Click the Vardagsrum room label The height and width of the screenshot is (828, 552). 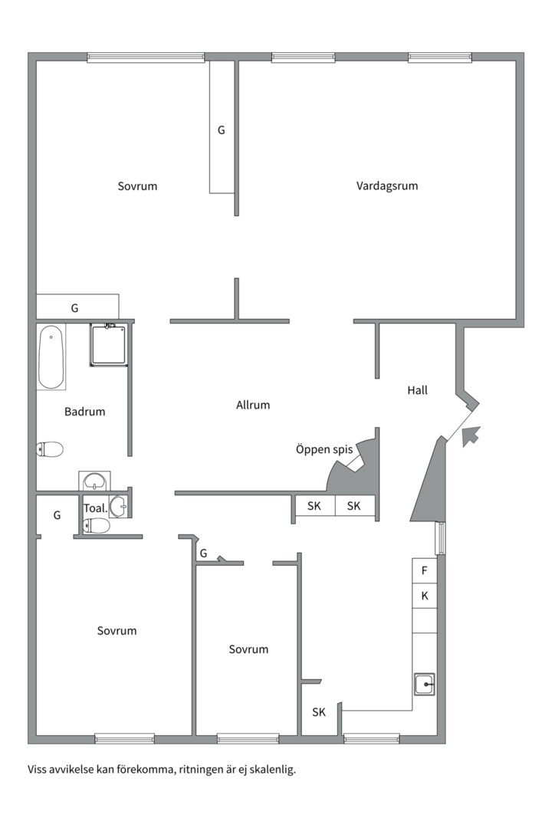tap(387, 186)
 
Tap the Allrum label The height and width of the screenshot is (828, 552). tap(253, 405)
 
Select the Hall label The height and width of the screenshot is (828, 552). tap(417, 390)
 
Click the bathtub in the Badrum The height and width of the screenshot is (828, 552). tap(51, 356)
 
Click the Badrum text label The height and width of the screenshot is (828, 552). tap(84, 412)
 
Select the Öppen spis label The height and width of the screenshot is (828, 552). tap(324, 449)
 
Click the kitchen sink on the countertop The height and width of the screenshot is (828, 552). tap(424, 683)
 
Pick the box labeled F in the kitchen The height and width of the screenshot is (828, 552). tap(424, 570)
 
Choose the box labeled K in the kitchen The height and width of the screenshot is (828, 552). tap(424, 596)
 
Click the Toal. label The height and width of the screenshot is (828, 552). tap(94, 508)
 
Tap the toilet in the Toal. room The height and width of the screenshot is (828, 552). tap(97, 526)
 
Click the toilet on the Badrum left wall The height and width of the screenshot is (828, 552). tap(50, 449)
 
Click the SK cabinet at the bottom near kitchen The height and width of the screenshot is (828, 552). tap(319, 712)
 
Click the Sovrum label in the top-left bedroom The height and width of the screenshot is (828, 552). tap(137, 186)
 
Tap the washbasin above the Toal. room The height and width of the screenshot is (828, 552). tap(94, 481)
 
